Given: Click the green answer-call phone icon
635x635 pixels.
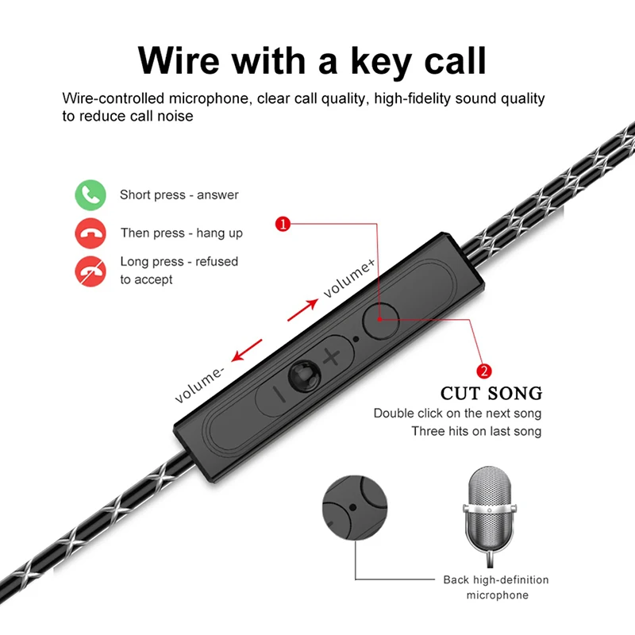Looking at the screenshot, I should pyautogui.click(x=90, y=195).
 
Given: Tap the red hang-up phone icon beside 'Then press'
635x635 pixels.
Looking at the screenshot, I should pyautogui.click(x=90, y=233).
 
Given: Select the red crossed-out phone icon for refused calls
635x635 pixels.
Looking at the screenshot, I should pyautogui.click(x=90, y=271).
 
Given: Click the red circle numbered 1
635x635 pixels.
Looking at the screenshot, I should pyautogui.click(x=281, y=225).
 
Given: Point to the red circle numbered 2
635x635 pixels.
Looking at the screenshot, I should pyautogui.click(x=483, y=371).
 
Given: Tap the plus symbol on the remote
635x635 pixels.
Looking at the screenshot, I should pyautogui.click(x=331, y=356).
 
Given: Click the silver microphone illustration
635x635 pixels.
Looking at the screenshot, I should pyautogui.click(x=491, y=512).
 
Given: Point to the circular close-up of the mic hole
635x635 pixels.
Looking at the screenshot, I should pyautogui.click(x=356, y=508).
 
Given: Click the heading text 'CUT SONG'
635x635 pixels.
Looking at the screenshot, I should pyautogui.click(x=491, y=393).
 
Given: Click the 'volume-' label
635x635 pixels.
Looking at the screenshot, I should pyautogui.click(x=200, y=385).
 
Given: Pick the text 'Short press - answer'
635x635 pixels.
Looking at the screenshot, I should pyautogui.click(x=179, y=195).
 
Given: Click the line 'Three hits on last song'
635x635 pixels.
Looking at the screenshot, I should pyautogui.click(x=476, y=432).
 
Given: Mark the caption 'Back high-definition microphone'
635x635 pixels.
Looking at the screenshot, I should pyautogui.click(x=496, y=587).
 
